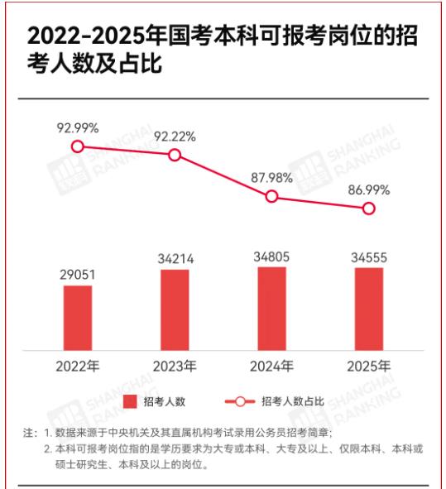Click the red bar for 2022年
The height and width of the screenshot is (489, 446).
78,317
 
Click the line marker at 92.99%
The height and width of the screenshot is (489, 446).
78,146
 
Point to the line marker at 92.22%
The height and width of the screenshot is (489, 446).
175,155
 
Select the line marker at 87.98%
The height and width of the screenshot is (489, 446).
271,197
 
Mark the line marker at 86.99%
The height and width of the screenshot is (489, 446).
369,209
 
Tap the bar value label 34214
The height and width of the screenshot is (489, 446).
175,259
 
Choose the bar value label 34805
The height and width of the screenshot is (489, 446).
271,256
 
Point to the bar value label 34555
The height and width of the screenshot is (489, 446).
368,257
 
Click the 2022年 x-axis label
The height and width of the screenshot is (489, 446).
78,365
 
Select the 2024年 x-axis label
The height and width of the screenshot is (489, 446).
271,365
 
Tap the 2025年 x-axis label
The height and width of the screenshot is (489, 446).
368,365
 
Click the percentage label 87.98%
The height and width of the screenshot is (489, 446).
271,178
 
